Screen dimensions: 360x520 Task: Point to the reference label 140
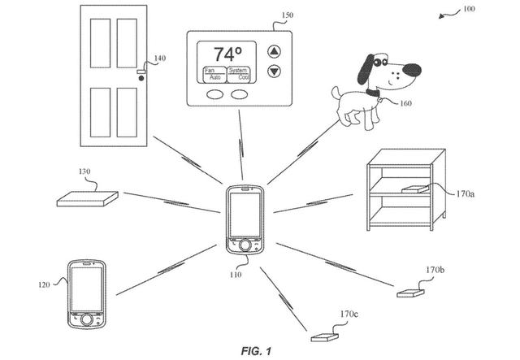[158, 59]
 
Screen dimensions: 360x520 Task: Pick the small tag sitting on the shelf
[413, 189]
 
